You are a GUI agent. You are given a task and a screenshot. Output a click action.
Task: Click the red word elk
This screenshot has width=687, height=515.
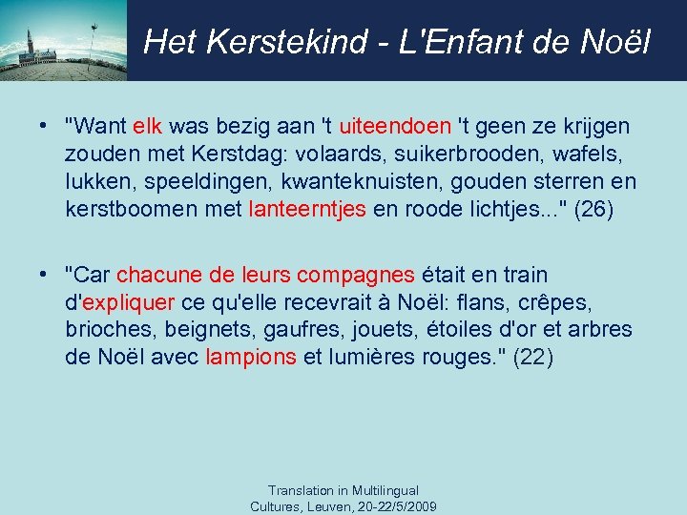pos(148,127)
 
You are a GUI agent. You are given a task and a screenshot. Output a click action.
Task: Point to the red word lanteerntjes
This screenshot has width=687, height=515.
pos(307,209)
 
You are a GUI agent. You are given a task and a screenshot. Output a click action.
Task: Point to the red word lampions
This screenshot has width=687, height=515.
pos(251,358)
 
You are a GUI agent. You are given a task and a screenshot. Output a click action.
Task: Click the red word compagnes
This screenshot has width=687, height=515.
pos(355,276)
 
